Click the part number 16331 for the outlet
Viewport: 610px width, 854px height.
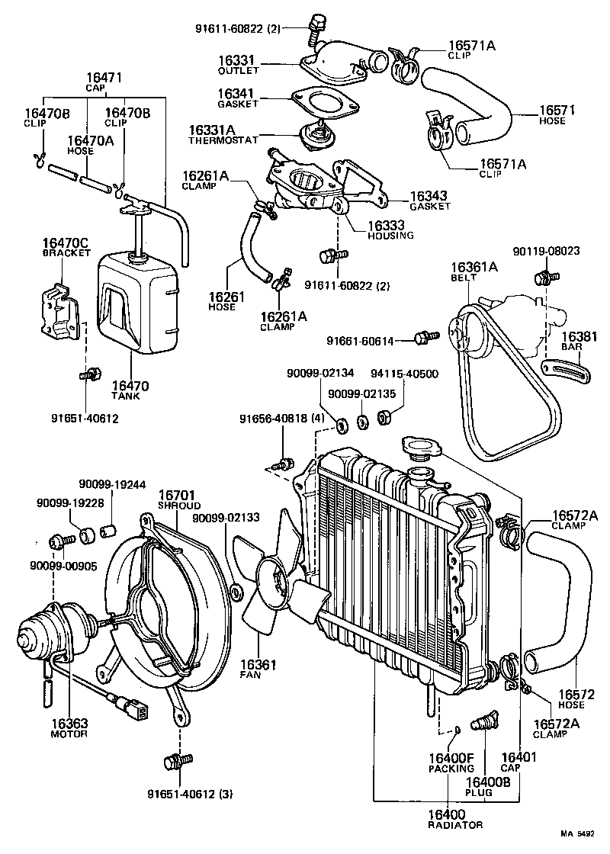tap(237, 59)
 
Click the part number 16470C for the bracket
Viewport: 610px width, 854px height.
tap(64, 243)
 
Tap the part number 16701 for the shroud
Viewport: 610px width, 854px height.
tap(179, 496)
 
